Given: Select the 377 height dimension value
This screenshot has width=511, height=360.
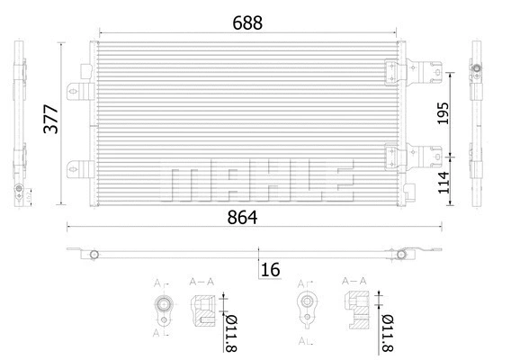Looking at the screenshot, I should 51,120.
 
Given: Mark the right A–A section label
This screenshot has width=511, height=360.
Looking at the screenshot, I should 354,282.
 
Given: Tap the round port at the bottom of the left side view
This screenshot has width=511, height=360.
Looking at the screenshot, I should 17,190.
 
